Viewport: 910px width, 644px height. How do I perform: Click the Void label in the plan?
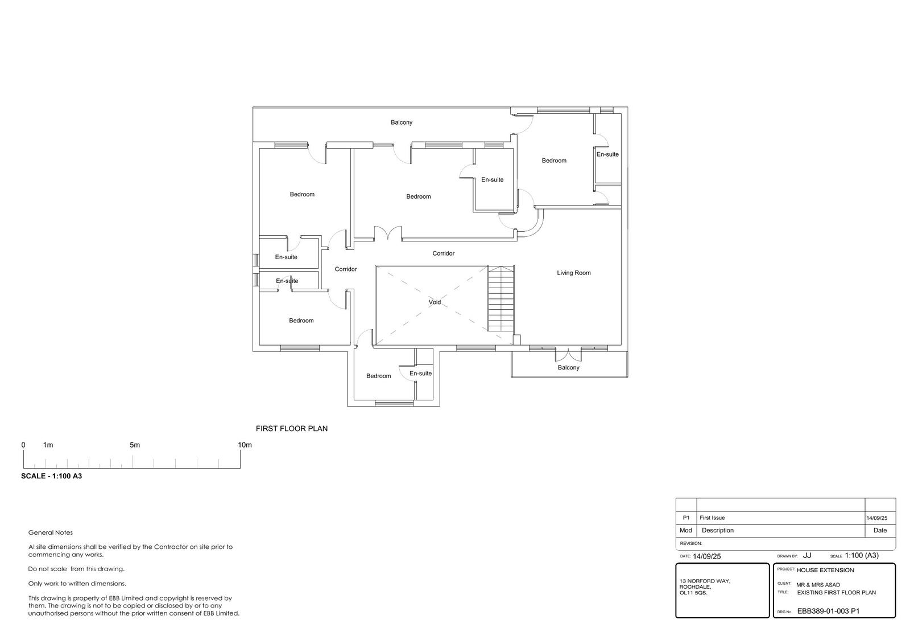[435, 302]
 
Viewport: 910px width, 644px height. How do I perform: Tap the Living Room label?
[574, 273]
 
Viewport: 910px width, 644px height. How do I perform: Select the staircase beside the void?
[501, 299]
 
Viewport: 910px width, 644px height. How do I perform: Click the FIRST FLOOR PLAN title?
[292, 428]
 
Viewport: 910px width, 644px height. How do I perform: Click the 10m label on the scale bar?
[245, 445]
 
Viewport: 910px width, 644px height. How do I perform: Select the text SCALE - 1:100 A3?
[52, 476]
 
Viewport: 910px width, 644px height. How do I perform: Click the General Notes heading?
[51, 532]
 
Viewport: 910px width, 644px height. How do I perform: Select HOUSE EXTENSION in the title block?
[825, 571]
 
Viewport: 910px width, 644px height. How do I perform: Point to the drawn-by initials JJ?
[807, 555]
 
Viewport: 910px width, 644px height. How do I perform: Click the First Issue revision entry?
[712, 518]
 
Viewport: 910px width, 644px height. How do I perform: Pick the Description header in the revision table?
[718, 531]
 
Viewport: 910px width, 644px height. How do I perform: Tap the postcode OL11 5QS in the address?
[693, 593]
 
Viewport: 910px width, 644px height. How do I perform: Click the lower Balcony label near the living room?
[568, 368]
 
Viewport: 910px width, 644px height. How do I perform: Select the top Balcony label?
[402, 122]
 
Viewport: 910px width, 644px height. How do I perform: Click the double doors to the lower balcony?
[568, 355]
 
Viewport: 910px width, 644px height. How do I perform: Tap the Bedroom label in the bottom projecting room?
[379, 376]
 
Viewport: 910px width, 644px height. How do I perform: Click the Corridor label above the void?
[443, 253]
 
